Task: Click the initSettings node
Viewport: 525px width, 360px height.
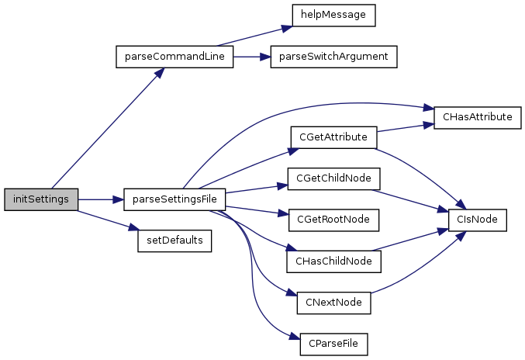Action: pyautogui.click(x=40, y=199)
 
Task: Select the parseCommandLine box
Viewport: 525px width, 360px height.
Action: pyautogui.click(x=174, y=57)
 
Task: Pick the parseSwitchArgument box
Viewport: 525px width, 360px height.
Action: pyautogui.click(x=333, y=57)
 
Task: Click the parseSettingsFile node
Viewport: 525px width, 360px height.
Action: pyautogui.click(x=174, y=199)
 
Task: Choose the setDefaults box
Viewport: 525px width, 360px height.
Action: pyautogui.click(x=174, y=241)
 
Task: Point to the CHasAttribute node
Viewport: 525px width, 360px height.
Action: pyautogui.click(x=477, y=117)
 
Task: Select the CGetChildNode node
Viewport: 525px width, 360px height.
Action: pyautogui.click(x=333, y=178)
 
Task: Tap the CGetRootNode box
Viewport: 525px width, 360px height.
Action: pyautogui.click(x=333, y=220)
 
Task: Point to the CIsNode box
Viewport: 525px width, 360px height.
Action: pyautogui.click(x=477, y=220)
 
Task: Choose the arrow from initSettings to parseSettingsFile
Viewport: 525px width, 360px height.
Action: pyautogui.click(x=101, y=199)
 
